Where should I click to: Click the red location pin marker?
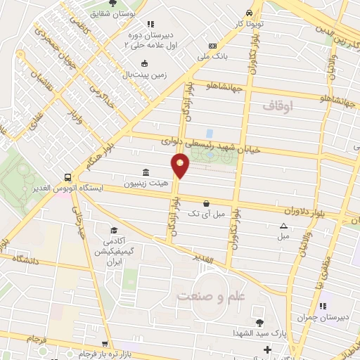181,165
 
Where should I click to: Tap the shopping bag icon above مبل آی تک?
205,203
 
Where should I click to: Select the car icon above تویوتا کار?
249,13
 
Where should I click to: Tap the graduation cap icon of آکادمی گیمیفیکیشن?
112,230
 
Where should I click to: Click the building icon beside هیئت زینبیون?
146,173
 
